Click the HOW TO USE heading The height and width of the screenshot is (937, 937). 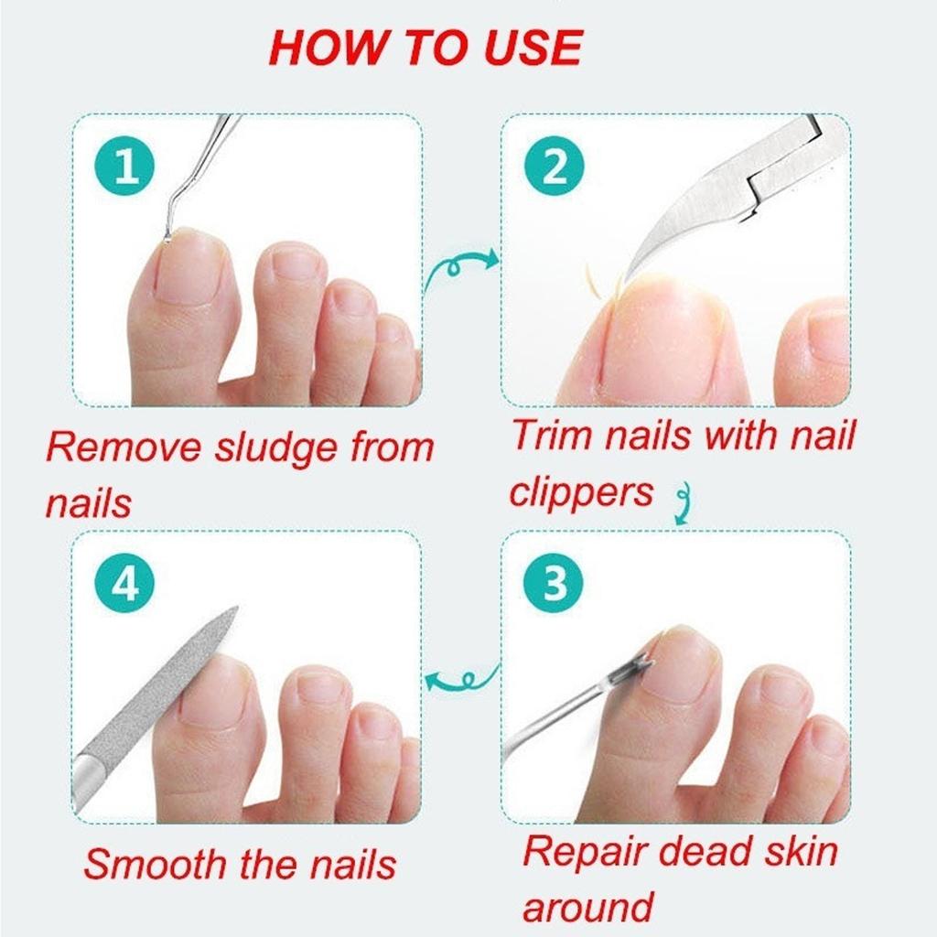(425, 48)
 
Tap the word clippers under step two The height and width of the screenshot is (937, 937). (581, 491)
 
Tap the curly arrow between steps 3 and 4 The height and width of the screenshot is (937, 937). (462, 679)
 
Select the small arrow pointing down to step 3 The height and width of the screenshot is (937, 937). (680, 505)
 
